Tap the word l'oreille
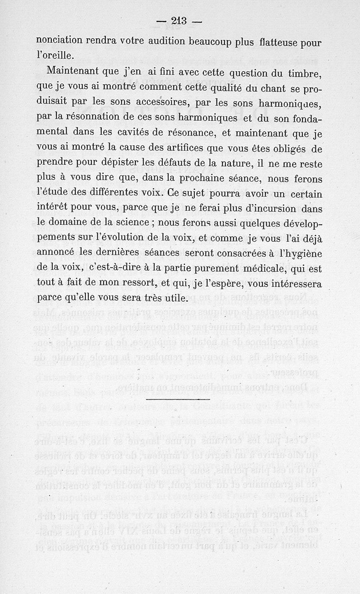click(x=55, y=56)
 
